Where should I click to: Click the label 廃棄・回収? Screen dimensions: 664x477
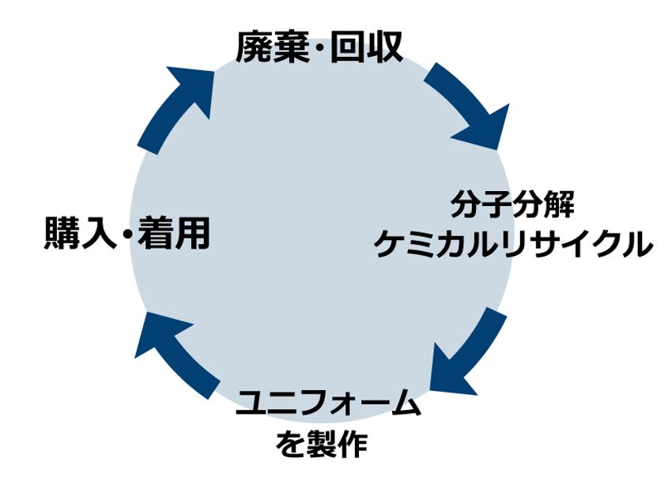coord(319,47)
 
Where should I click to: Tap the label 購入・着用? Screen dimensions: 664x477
coord(127,232)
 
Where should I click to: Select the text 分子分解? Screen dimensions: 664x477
coord(512,205)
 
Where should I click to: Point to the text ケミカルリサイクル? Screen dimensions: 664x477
coord(513,243)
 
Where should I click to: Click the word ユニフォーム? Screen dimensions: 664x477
coord(328,403)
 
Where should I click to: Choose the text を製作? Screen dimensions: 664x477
coord(322,445)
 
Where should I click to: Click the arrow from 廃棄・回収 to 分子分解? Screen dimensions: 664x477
coord(471,103)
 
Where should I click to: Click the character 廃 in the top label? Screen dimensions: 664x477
coord(253,47)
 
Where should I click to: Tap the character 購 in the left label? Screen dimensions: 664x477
coord(62,232)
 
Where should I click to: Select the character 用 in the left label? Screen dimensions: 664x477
coord(193,232)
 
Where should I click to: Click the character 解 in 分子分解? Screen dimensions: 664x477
coord(560,205)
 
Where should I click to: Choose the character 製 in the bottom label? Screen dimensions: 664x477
coord(322,445)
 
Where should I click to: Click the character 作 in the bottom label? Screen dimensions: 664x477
coord(353,445)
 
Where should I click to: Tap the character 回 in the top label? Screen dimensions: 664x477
coord(348,47)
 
